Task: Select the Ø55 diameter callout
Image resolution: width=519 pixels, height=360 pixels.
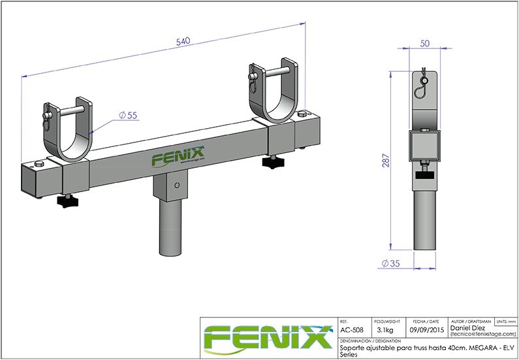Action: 127,115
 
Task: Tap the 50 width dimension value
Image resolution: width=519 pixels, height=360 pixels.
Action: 424,43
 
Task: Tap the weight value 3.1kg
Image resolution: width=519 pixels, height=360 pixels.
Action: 385,331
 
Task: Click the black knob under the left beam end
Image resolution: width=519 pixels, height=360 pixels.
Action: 67,203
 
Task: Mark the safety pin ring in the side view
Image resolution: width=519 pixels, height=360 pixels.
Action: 425,82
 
